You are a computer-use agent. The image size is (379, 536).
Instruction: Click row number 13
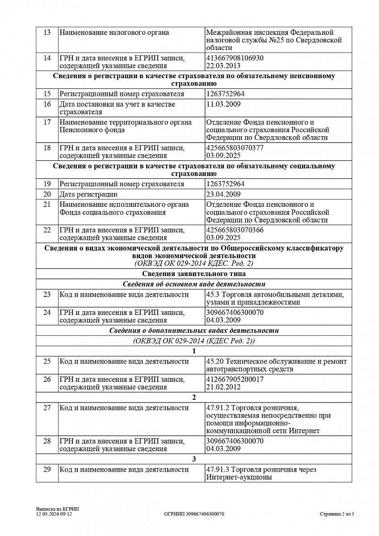[x=47, y=33]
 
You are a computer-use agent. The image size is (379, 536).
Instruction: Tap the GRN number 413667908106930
[x=235, y=58]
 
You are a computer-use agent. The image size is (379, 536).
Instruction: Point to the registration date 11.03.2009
[x=223, y=104]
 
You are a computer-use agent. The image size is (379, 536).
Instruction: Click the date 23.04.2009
[x=223, y=194]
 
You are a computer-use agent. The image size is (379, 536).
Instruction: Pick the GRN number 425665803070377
[x=235, y=148]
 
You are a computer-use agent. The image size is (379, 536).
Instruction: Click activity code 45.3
[x=213, y=295]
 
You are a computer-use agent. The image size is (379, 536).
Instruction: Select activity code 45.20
[x=215, y=361]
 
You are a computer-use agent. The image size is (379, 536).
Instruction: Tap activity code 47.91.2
[x=217, y=408]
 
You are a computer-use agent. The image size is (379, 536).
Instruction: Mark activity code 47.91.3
[x=217, y=470]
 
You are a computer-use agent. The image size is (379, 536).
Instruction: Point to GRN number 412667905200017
[x=235, y=379]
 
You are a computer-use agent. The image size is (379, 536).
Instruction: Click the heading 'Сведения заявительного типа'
[x=194, y=274]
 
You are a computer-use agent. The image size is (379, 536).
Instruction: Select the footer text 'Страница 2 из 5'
[x=337, y=514]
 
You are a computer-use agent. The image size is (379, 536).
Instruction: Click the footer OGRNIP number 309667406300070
[x=194, y=514]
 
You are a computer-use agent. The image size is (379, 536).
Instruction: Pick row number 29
[x=47, y=470]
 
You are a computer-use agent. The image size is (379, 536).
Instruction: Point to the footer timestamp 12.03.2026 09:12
[x=54, y=514]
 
